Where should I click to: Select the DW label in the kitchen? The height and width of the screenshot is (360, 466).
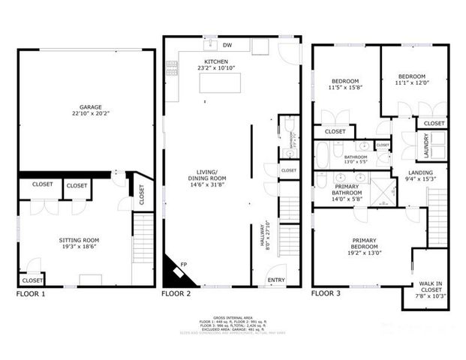227,46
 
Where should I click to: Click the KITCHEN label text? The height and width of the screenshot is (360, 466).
217,61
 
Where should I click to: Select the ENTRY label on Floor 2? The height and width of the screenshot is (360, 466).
275,281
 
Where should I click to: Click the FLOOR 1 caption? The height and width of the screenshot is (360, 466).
31,294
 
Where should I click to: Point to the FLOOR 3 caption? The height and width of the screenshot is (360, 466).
326,294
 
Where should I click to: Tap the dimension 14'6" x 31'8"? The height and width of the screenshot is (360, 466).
206,184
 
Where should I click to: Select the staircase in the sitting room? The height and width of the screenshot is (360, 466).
143,247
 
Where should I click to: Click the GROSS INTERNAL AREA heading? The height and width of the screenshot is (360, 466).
233,317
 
